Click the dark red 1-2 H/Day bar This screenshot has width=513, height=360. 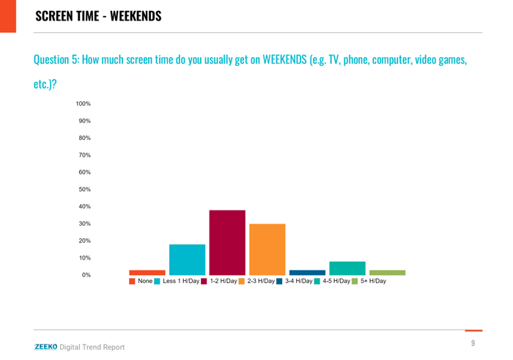click(x=227, y=242)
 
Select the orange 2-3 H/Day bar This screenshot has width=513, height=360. click(x=267, y=249)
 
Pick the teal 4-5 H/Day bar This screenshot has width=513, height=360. click(x=347, y=268)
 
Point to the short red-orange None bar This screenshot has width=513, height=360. click(x=147, y=272)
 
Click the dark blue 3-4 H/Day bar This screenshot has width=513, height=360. click(x=307, y=272)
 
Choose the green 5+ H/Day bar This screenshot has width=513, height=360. click(x=387, y=272)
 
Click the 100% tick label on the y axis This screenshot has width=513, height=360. click(x=83, y=104)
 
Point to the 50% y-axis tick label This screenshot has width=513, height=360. click(x=84, y=189)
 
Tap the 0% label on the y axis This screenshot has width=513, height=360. click(x=86, y=275)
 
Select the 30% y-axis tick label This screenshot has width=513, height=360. click(x=84, y=224)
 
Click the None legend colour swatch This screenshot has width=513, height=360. click(x=132, y=281)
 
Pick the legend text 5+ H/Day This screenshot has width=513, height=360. click(x=374, y=281)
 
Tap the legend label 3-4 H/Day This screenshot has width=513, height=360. click(x=298, y=281)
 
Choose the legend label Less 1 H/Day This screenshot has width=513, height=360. click(x=181, y=281)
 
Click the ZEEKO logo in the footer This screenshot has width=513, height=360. click(x=45, y=347)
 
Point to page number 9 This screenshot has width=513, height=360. click(x=473, y=343)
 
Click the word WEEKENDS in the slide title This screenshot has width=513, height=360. click(x=136, y=15)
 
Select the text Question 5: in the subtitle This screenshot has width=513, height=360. click(x=57, y=59)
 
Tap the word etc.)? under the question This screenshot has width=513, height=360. click(x=45, y=84)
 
